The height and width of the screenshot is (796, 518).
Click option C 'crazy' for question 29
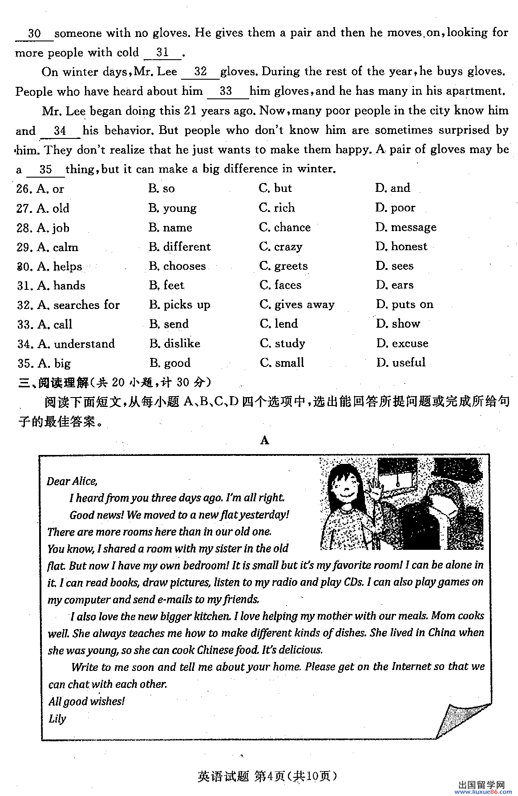pyautogui.click(x=281, y=247)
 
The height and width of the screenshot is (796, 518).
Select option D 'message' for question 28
pyautogui.click(x=405, y=227)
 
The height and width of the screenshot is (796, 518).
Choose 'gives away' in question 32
pyautogui.click(x=297, y=305)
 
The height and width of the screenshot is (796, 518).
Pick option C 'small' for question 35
pyautogui.click(x=282, y=363)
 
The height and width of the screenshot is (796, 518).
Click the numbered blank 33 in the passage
pyautogui.click(x=226, y=91)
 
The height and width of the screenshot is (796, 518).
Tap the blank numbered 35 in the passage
pyautogui.click(x=45, y=170)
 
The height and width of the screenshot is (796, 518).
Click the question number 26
pyautogui.click(x=24, y=189)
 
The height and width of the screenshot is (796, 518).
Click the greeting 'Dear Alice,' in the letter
pyautogui.click(x=72, y=481)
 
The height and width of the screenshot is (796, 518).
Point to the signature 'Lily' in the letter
pyautogui.click(x=57, y=719)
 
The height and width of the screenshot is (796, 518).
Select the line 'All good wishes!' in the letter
pyautogui.click(x=87, y=702)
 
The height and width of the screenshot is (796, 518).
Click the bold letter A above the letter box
pyautogui.click(x=265, y=441)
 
